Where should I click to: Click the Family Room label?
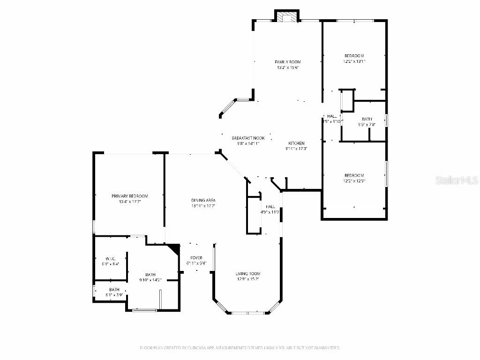287,62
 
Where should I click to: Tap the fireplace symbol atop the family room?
286,17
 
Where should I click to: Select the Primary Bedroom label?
129,196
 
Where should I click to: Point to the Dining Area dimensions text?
202,206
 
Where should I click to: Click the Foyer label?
196,258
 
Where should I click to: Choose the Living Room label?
247,274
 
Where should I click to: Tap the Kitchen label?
296,143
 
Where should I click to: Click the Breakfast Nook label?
248,138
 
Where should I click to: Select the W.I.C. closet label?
111,259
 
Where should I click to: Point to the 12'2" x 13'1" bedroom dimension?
354,61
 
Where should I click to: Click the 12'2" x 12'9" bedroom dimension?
354,181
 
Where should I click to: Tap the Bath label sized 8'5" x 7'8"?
367,119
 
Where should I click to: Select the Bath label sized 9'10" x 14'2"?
150,275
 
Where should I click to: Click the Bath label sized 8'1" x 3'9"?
114,289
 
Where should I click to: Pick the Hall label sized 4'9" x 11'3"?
270,206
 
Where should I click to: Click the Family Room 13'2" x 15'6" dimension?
287,67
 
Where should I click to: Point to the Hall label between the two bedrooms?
332,116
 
